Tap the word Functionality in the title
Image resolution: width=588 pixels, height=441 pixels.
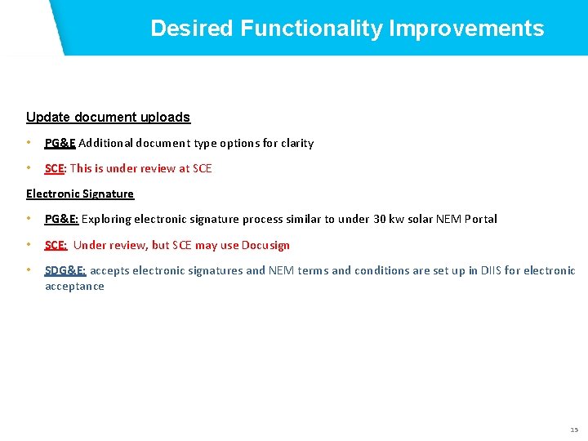(311, 29)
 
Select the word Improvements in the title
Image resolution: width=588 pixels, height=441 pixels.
(466, 29)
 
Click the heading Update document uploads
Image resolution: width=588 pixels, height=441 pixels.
(108, 118)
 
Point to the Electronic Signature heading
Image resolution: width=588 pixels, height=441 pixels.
(80, 194)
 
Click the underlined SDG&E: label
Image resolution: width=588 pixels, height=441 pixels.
(65, 270)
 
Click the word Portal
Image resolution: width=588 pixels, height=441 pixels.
(479, 219)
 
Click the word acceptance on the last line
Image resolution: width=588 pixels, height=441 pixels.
(74, 286)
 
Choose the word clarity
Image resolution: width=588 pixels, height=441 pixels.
(296, 143)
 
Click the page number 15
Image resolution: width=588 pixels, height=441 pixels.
(573, 430)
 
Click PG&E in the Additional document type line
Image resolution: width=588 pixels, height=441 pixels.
(60, 143)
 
